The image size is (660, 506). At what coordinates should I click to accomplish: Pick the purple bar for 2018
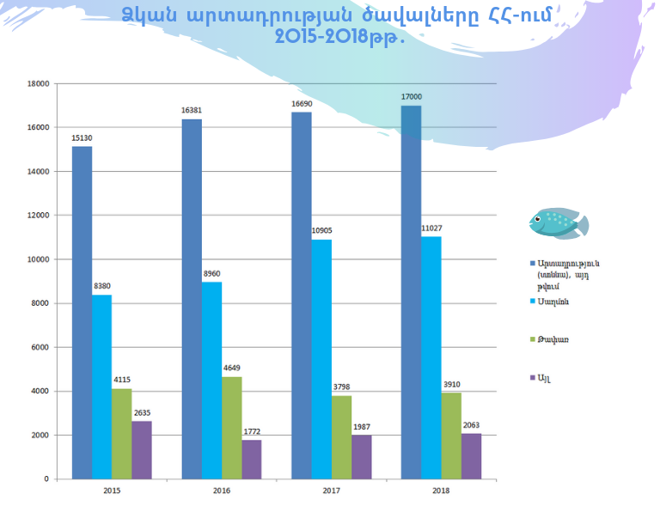tap(471, 456)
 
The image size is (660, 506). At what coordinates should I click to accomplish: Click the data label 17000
tap(412, 97)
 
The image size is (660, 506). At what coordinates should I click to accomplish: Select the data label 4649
tap(231, 368)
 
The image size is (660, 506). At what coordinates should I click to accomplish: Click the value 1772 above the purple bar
tap(252, 431)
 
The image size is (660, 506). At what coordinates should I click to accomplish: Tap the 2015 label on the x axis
tap(111, 491)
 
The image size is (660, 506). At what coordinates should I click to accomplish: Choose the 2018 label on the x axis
tap(441, 491)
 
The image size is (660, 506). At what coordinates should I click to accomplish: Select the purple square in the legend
tap(533, 377)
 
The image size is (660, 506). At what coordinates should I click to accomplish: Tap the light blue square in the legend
tap(533, 301)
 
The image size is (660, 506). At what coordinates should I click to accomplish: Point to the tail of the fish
tap(581, 225)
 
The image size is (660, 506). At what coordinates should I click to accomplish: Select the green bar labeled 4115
tap(121, 434)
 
